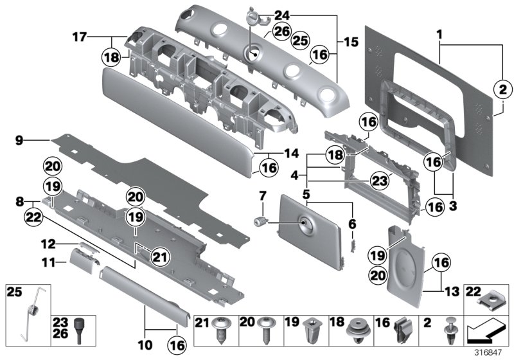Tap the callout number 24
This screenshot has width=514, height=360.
281,14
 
